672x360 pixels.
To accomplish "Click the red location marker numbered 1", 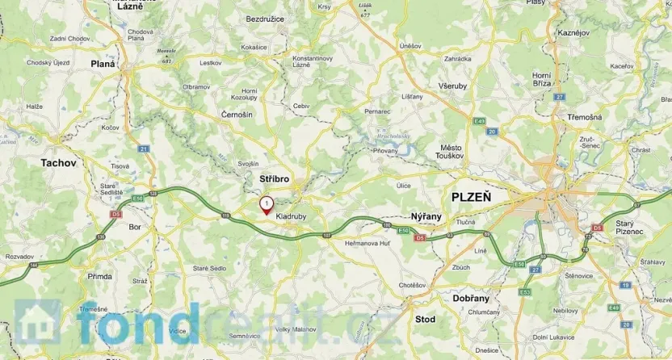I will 266,205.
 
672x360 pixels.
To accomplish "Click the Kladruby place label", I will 290,216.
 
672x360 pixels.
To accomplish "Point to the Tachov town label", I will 58,163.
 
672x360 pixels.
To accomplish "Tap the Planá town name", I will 103,64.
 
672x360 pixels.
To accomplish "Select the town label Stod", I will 425,320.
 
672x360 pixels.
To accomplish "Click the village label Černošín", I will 237,115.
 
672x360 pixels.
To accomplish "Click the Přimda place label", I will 100,276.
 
